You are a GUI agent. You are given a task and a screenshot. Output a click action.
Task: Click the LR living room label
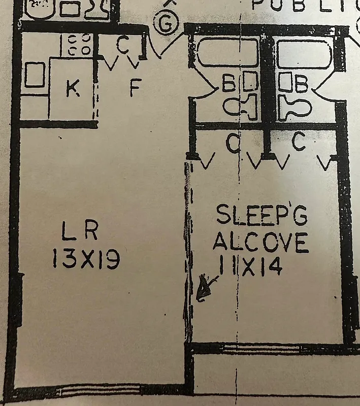pyautogui.click(x=79, y=233)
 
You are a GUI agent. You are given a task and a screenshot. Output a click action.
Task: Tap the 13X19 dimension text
pyautogui.click(x=86, y=260)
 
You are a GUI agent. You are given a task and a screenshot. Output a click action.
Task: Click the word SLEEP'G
pyautogui.click(x=262, y=216)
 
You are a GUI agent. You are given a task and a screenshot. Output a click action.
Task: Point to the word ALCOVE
pyautogui.click(x=260, y=241)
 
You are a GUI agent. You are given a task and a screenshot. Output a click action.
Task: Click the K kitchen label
pyautogui.click(x=73, y=89)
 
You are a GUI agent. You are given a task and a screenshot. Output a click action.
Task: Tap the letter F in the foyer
pyautogui.click(x=135, y=89)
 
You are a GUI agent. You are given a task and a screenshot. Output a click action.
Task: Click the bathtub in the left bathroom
pyautogui.click(x=228, y=53)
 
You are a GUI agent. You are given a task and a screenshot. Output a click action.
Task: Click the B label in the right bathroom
pyautogui.click(x=302, y=84)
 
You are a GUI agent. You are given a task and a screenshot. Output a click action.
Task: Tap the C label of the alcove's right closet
pyautogui.click(x=299, y=142)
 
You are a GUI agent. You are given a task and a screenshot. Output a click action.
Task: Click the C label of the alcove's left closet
pyautogui.click(x=233, y=145)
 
